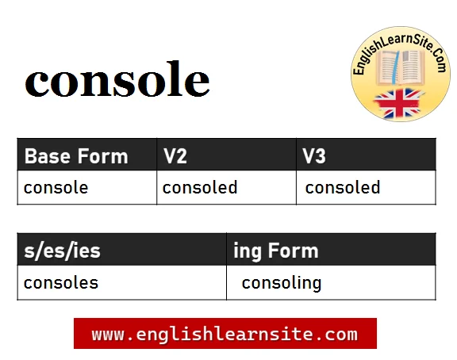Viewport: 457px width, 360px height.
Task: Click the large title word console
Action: tap(117, 82)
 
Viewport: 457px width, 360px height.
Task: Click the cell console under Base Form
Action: tap(56, 188)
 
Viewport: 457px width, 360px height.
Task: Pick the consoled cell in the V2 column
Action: tap(200, 188)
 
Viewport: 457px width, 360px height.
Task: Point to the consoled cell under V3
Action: tap(343, 188)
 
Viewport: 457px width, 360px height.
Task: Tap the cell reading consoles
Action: tap(61, 283)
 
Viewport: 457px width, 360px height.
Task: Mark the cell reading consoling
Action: tap(282, 283)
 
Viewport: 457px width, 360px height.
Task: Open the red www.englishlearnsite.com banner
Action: tap(225, 334)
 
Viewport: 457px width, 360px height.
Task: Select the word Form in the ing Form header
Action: tap(294, 251)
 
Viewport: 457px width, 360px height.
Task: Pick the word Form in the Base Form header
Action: tap(102, 156)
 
